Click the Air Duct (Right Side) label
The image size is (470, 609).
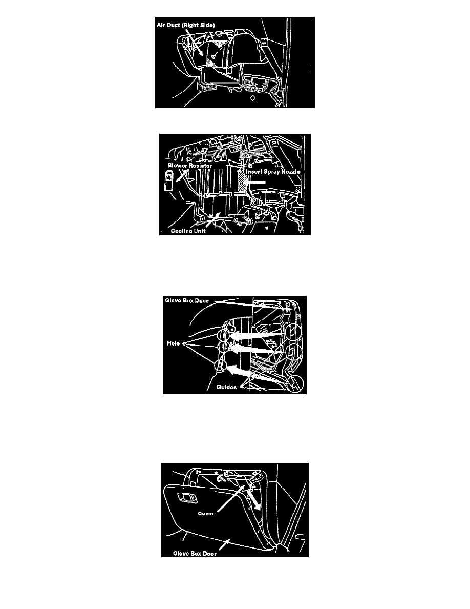185,25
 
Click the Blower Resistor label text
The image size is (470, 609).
190,166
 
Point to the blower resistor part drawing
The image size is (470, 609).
169,182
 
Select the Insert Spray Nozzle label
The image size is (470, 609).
273,171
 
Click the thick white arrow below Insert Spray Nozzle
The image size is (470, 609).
254,182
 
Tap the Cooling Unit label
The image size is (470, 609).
188,231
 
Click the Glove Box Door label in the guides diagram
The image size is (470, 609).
186,300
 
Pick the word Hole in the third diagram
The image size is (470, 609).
174,343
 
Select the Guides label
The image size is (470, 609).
226,387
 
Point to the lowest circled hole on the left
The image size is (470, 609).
220,365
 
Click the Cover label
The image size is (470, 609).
206,514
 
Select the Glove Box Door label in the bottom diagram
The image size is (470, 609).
195,554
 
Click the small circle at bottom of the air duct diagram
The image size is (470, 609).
252,98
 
